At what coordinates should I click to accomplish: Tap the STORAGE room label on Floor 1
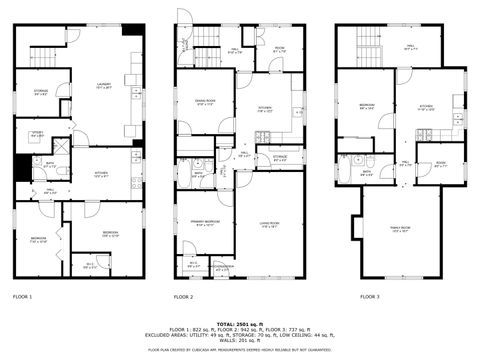coord(41,93)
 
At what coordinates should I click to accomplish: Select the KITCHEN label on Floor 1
coord(101,173)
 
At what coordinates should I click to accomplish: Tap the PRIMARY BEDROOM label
coord(205,224)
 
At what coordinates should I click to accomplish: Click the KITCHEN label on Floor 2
coord(265,109)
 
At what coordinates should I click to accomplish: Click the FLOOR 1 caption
coord(22,297)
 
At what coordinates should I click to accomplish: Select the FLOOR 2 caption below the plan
coord(183,297)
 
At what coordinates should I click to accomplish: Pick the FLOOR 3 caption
coord(370,297)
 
